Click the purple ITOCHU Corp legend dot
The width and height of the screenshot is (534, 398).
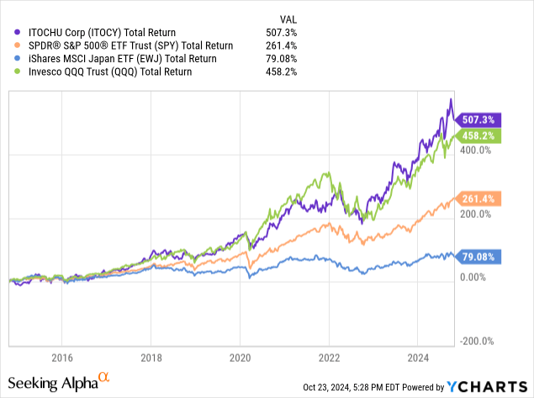tap(19, 32)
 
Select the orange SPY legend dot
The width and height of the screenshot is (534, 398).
tap(19, 45)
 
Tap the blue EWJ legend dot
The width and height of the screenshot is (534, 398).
tap(19, 59)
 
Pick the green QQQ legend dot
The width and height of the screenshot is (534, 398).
tap(19, 72)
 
